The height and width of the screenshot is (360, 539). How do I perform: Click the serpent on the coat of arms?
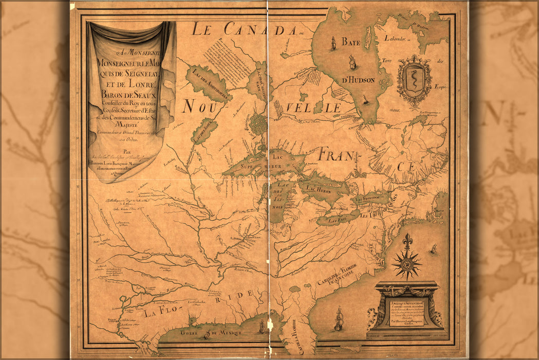tap(414, 79)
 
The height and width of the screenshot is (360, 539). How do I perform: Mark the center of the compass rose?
tap(407, 264)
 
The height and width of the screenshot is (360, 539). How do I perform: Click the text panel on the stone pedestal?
tap(406, 311)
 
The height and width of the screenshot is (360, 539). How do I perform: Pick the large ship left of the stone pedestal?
tap(338, 319)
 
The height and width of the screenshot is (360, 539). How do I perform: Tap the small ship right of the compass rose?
tap(433, 249)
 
